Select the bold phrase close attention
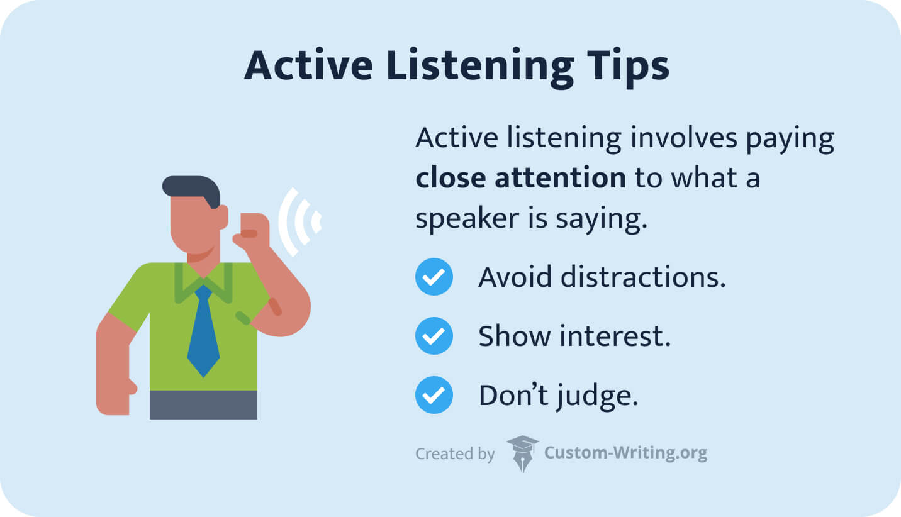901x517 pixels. (x=520, y=178)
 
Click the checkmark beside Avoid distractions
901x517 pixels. (x=434, y=277)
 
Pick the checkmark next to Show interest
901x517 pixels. (x=434, y=336)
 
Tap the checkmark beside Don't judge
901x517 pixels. (x=434, y=395)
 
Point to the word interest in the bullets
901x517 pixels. (x=614, y=336)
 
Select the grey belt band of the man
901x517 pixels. (x=203, y=404)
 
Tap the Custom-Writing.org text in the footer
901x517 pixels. (x=625, y=453)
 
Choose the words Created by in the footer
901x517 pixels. (x=455, y=453)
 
